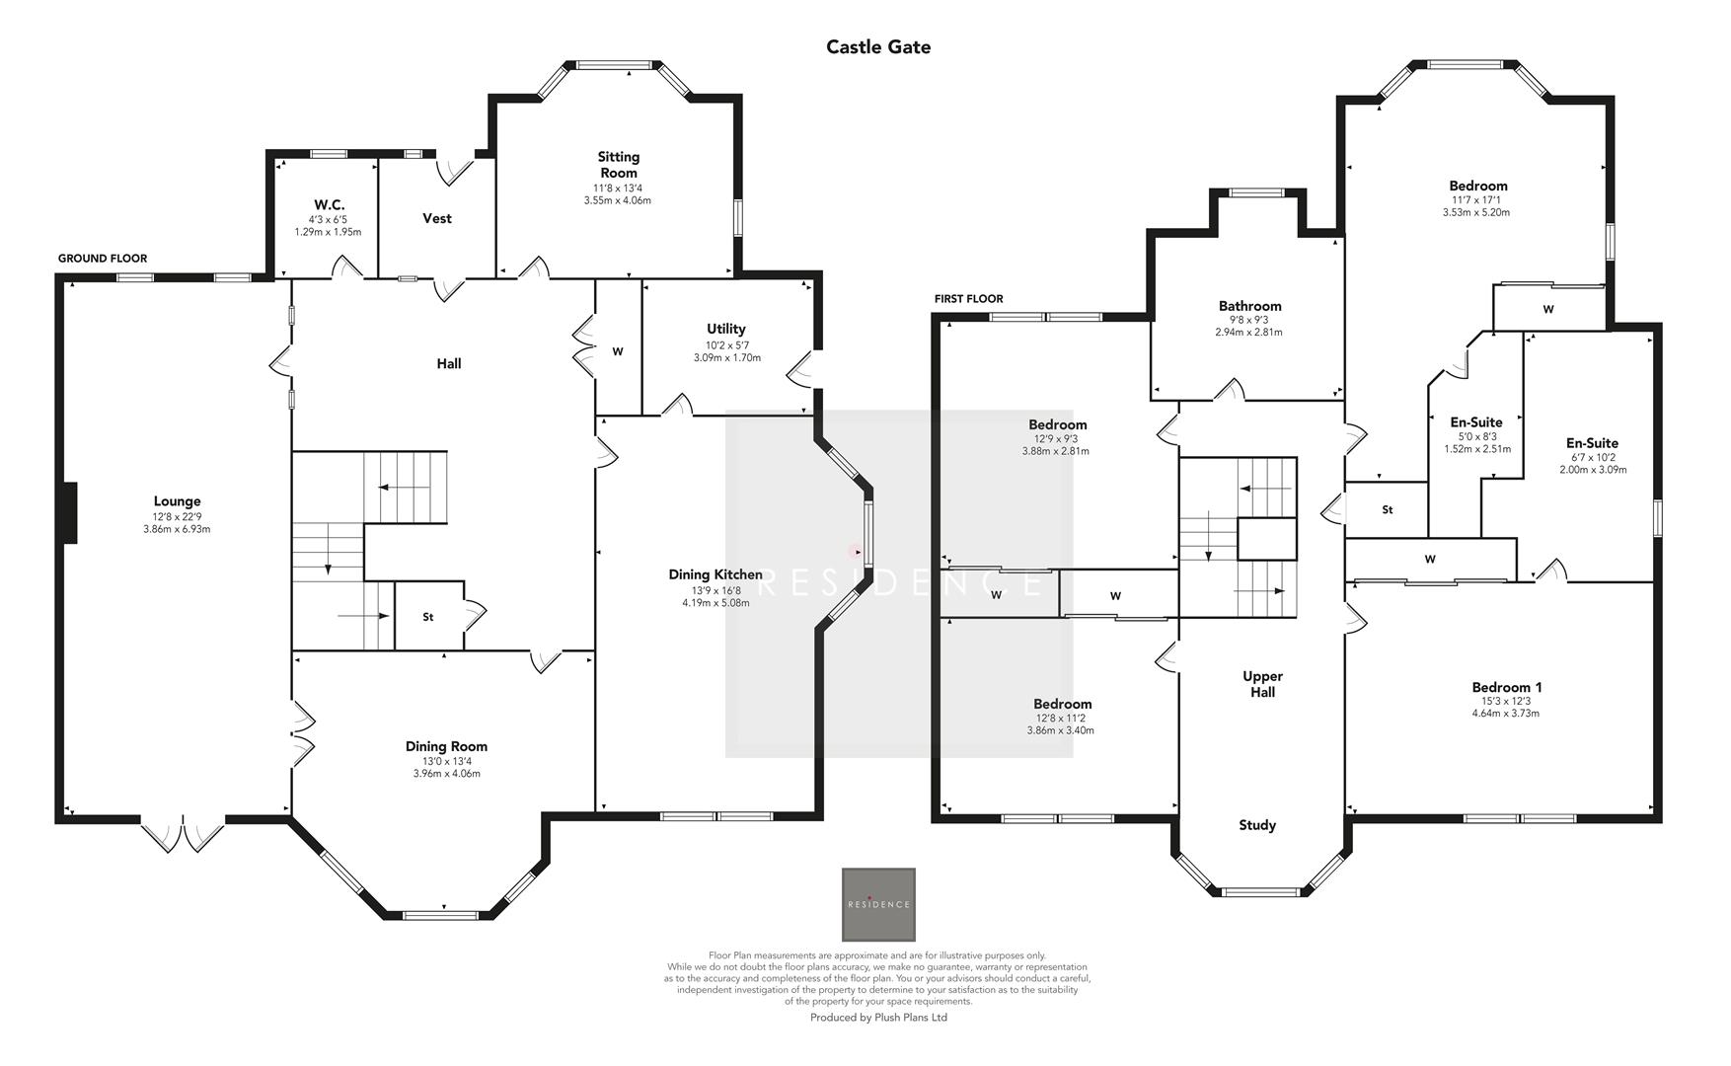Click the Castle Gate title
pyautogui.click(x=877, y=46)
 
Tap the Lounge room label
pyautogui.click(x=177, y=501)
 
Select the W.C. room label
pyautogui.click(x=329, y=204)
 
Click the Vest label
pyautogui.click(x=436, y=218)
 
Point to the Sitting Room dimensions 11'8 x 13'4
pyautogui.click(x=618, y=188)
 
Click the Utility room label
pyautogui.click(x=725, y=329)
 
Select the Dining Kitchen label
pyautogui.click(x=715, y=574)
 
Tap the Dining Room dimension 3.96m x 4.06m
pyautogui.click(x=446, y=774)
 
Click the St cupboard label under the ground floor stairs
pyautogui.click(x=427, y=617)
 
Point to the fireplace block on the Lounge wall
pyautogui.click(x=70, y=512)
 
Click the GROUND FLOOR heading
pyautogui.click(x=102, y=259)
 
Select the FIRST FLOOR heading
pyautogui.click(x=968, y=299)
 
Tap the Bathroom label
pyautogui.click(x=1249, y=306)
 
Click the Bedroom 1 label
pyautogui.click(x=1506, y=687)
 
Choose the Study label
pyautogui.click(x=1257, y=825)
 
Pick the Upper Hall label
pyautogui.click(x=1262, y=684)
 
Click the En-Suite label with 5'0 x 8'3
pyautogui.click(x=1476, y=422)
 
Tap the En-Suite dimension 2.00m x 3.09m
pyautogui.click(x=1592, y=470)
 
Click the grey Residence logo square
pyautogui.click(x=877, y=904)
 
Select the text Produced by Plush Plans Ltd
pyautogui.click(x=877, y=1018)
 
